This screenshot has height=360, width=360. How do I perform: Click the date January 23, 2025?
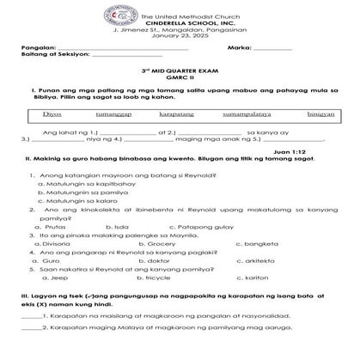(x=180, y=35)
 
